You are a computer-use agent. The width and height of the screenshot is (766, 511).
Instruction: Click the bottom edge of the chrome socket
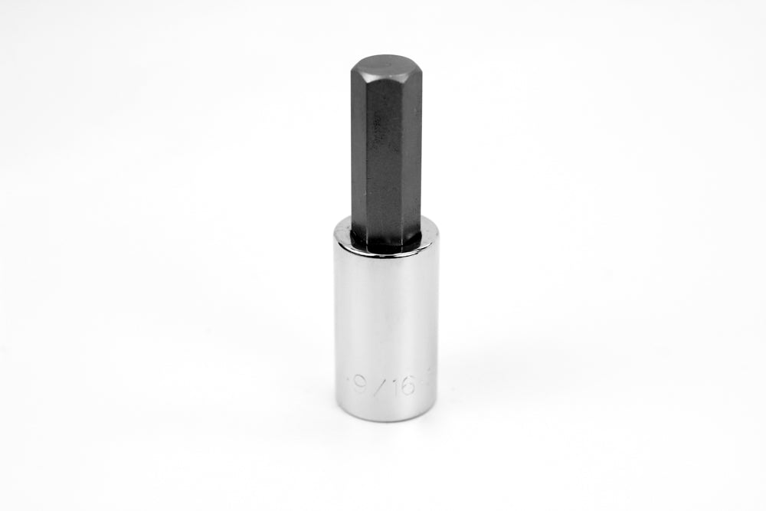point(385,419)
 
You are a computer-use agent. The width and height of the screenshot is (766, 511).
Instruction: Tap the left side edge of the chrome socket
point(335,322)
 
